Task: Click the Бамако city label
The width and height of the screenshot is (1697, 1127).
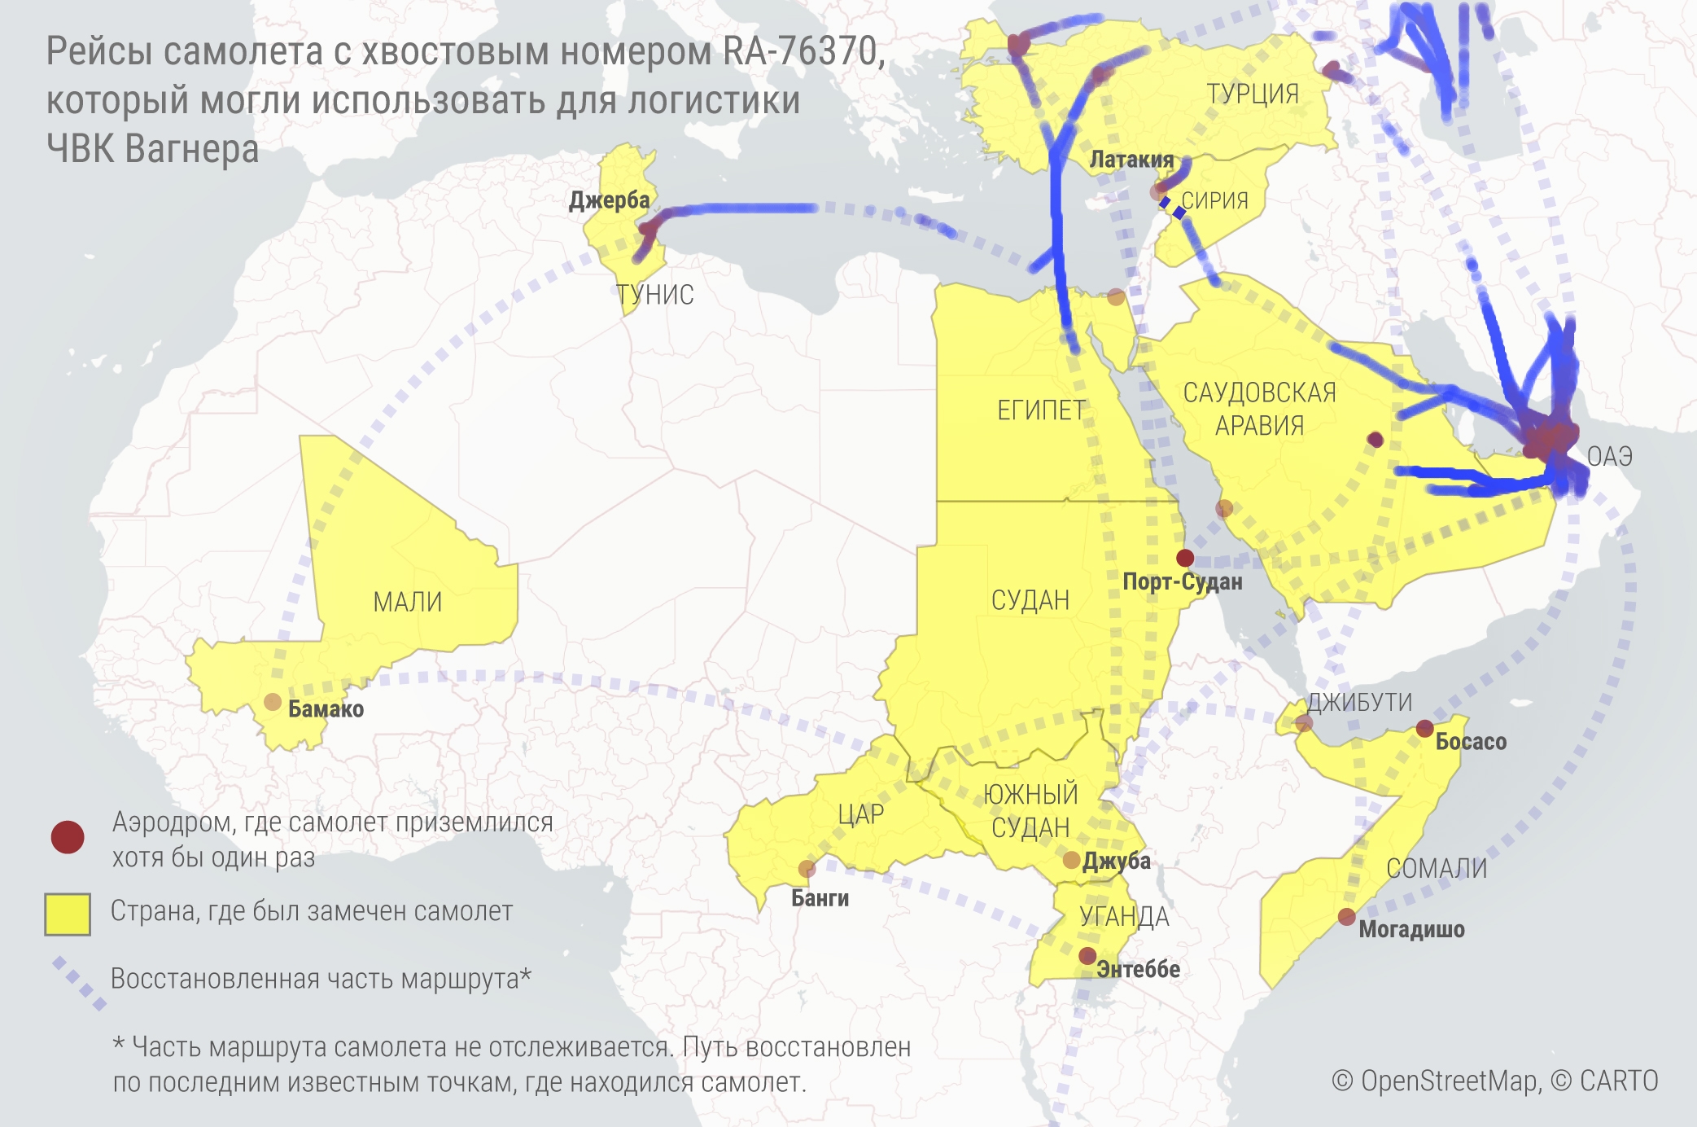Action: pos(326,709)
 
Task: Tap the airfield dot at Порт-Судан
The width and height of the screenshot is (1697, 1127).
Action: pos(1185,558)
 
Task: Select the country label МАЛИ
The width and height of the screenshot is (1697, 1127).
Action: pos(407,602)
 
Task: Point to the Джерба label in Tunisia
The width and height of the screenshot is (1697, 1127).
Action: pos(609,200)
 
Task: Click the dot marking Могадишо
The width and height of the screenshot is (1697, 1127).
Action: pos(1347,917)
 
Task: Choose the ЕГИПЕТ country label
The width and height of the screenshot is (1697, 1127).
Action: pos(1041,410)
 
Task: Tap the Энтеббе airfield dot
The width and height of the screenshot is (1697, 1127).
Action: pos(1087,955)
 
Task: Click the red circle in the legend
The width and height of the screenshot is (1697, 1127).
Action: pos(68,837)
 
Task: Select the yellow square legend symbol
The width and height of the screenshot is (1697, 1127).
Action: pos(68,914)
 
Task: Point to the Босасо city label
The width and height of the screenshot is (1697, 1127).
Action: pos(1470,742)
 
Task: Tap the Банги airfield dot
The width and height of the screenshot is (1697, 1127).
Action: pos(807,869)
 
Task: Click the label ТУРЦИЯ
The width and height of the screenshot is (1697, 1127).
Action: pos(1252,94)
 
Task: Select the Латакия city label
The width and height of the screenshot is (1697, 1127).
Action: pos(1131,160)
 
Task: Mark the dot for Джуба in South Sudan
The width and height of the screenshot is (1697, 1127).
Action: pos(1071,860)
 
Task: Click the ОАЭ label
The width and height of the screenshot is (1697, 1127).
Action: pos(1609,456)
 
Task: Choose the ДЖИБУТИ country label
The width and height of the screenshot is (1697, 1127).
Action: pos(1359,702)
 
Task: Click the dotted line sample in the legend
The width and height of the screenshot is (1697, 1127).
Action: pos(80,984)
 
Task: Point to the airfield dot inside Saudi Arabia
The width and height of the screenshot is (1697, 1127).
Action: pos(1376,440)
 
